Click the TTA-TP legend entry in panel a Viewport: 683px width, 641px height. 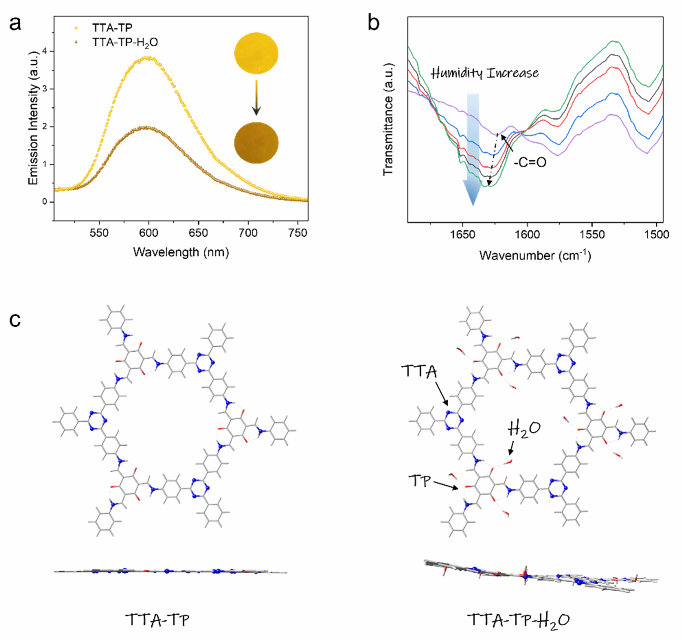click(112, 27)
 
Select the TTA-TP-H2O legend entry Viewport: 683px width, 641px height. click(125, 42)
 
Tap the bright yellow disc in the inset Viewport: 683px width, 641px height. click(256, 53)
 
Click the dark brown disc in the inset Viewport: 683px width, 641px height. click(256, 142)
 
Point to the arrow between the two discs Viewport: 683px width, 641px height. click(256, 98)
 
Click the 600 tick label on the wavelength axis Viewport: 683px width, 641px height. click(148, 233)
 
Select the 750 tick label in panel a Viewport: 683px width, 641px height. click(297, 233)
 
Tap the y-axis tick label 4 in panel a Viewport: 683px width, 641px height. click(44, 51)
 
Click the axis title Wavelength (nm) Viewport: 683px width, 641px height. click(181, 252)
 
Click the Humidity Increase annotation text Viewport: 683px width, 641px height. click(485, 73)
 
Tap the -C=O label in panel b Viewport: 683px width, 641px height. click(530, 162)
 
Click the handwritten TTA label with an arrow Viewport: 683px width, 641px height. click(419, 371)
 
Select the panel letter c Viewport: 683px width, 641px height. click(15, 320)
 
